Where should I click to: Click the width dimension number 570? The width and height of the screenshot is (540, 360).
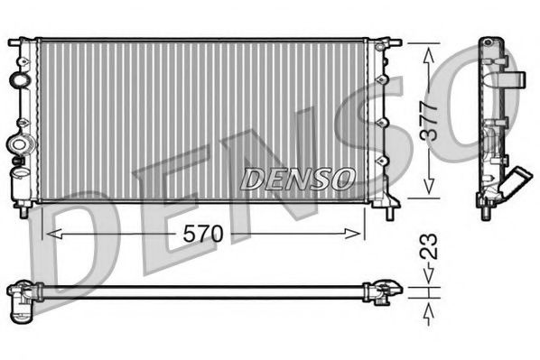[203, 234]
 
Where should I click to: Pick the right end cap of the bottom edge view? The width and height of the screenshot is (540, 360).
[384, 290]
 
